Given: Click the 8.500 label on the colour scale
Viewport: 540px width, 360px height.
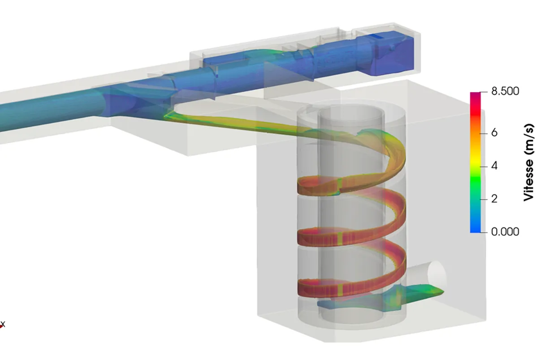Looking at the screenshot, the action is click(x=505, y=91).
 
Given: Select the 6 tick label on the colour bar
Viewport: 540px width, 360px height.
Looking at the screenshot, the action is click(x=494, y=133).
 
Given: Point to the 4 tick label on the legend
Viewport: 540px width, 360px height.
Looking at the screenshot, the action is click(x=494, y=166).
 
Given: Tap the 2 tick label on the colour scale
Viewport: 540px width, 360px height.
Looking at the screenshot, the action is click(x=494, y=199).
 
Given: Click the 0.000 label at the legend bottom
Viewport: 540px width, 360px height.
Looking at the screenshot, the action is click(x=505, y=232).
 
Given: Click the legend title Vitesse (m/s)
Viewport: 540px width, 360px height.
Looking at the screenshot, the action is click(x=529, y=162).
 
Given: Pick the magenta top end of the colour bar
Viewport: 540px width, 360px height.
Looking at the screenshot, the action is click(x=475, y=95).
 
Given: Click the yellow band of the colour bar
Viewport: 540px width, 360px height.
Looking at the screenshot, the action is click(x=475, y=160).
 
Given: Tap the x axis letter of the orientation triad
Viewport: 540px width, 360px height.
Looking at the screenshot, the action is click(x=3, y=324).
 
